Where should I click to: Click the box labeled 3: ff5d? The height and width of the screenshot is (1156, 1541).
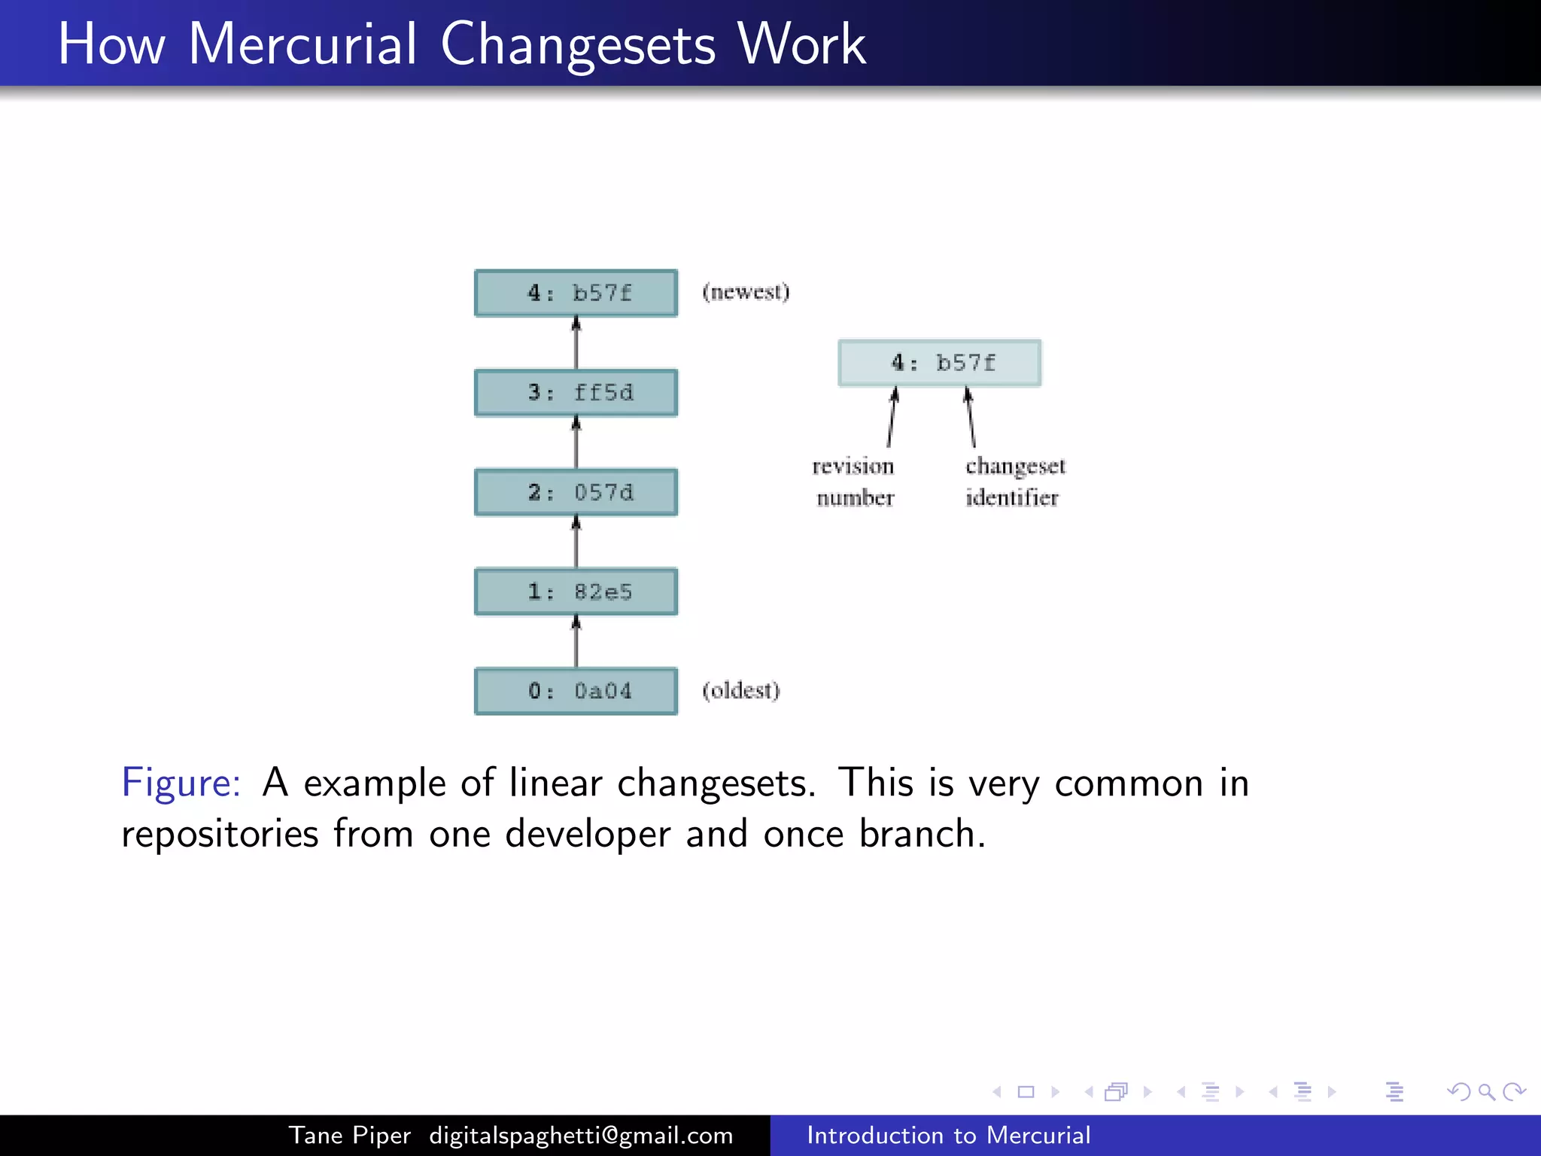[576, 392]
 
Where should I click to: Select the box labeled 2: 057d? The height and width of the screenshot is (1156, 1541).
[576, 492]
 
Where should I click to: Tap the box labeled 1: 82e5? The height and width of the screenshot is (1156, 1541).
[576, 592]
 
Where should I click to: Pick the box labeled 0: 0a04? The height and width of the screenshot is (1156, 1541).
[576, 691]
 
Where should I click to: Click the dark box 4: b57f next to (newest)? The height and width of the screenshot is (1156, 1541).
[576, 293]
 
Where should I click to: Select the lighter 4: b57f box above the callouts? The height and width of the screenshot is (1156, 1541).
[940, 363]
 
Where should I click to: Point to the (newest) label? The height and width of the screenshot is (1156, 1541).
[746, 292]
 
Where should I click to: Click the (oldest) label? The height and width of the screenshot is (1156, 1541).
[741, 690]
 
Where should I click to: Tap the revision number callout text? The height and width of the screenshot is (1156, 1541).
[854, 482]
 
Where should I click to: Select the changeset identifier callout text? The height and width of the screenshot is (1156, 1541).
[1014, 482]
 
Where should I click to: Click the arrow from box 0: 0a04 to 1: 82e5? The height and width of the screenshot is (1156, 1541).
[576, 641]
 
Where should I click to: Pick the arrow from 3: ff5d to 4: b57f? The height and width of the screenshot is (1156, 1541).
[576, 342]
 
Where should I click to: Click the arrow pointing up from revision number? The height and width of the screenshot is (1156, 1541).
[892, 418]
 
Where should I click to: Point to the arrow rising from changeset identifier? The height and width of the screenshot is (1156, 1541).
[971, 418]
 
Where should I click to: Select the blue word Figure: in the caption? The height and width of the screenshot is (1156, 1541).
[181, 783]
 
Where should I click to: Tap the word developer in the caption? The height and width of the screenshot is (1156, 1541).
[587, 834]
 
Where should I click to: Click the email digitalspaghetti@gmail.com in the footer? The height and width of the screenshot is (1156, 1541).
[581, 1135]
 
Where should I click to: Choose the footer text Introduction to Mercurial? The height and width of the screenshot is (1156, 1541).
[948, 1135]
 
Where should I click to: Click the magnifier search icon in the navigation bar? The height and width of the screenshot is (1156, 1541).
[1486, 1091]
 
